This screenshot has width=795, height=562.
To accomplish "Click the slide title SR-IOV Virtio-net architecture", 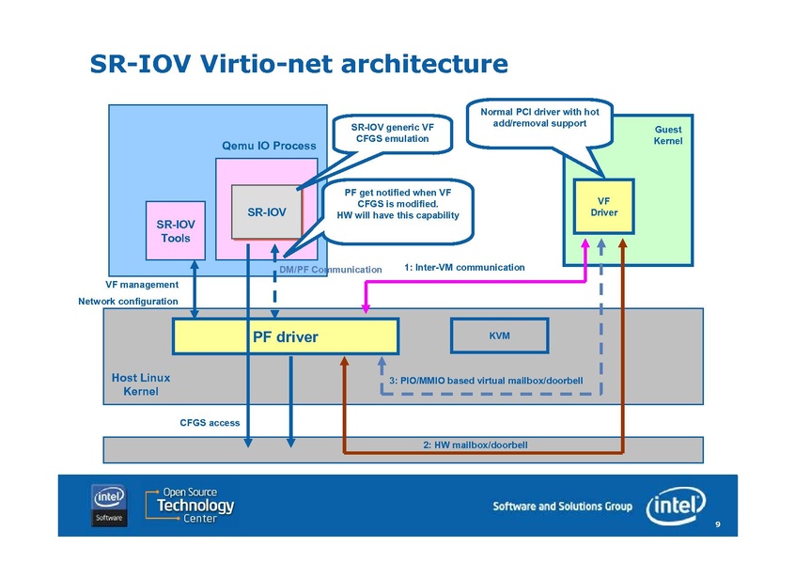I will click(298, 64).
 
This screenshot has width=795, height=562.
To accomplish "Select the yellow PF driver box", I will click(285, 336).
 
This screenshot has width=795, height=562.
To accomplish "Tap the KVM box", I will click(500, 335).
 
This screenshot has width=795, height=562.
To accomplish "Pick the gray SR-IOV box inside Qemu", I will click(267, 212).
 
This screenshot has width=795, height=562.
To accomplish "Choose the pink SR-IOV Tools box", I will click(175, 231).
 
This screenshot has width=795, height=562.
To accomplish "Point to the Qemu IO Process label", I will click(268, 146).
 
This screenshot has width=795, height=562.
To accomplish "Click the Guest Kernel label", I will click(667, 135).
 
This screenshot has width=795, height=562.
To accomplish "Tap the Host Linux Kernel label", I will click(140, 383).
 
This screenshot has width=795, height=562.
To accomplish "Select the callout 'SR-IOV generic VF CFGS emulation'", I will click(392, 133).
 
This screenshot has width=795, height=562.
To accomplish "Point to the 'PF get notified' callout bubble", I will click(397, 204).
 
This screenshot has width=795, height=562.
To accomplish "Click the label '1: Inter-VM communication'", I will click(464, 268).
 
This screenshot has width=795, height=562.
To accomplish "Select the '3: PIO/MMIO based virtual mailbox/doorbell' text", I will click(486, 380).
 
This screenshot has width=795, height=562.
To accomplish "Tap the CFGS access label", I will click(210, 423).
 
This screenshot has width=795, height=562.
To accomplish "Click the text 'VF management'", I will click(142, 285).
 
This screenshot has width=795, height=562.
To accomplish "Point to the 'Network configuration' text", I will click(128, 302).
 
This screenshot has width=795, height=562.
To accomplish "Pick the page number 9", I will click(717, 524).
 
